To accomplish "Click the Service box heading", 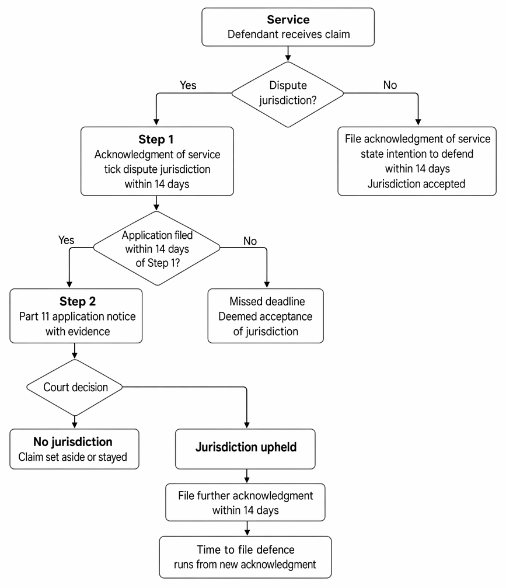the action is pos(288,19).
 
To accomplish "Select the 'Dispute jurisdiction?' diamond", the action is pos(288,94).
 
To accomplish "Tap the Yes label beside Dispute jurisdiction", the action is pos(188,85).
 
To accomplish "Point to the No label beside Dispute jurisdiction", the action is pos(390,85).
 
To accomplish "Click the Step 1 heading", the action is pos(156,139).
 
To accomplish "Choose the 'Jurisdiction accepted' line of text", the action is pos(417,184).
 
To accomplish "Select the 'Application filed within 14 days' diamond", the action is pos(156,248).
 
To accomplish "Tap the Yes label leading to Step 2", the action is pos(66,240).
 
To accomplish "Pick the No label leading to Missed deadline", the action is pos(250,241).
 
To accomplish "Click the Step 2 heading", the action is pos(78,301).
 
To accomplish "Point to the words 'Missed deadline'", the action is pos(267,301).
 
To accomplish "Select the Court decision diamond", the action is pos(75,387).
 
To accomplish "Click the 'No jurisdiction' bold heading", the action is pos(73,442).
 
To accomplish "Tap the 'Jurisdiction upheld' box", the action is pos(245,449).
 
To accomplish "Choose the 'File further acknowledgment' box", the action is pos(245,503).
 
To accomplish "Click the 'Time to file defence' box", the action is pos(245,557).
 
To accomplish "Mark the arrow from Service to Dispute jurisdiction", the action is pos(288,54).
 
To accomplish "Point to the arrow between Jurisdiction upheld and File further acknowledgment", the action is pos(247,476).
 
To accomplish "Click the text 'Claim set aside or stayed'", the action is pos(73,457).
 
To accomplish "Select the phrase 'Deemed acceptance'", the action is pos(266,316).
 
